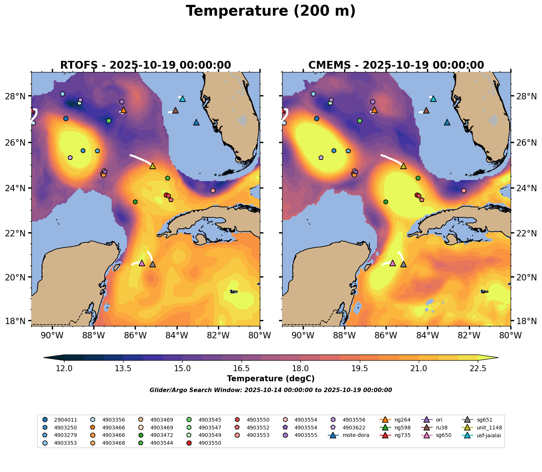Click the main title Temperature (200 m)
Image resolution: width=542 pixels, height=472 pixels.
(271, 11)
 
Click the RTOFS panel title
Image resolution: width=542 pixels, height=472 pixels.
(145, 65)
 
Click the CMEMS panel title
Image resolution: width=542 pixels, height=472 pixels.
(396, 65)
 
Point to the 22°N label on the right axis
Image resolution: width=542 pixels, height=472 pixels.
(524, 233)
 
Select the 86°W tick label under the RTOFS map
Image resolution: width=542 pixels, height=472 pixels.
(135, 336)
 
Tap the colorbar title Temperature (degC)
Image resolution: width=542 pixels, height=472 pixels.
(271, 379)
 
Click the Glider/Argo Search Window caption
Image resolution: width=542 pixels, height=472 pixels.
(271, 390)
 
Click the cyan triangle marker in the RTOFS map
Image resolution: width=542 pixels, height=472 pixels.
(183, 99)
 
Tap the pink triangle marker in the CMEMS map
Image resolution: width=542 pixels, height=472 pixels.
(392, 263)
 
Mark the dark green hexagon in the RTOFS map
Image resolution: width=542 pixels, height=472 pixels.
(135, 202)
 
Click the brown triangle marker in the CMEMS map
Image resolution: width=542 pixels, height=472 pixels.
(426, 111)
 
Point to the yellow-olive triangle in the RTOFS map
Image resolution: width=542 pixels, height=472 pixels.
(152, 166)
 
